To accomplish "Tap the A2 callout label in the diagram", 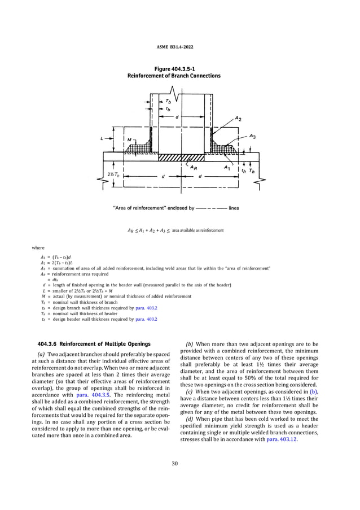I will click(x=238, y=118).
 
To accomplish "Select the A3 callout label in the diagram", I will click(x=253, y=136).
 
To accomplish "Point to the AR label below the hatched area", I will click(x=194, y=168).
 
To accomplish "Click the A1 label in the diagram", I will click(x=227, y=168).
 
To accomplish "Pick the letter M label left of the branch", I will click(x=129, y=139).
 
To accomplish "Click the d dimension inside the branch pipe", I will click(x=177, y=117).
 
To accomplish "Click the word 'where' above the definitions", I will click(x=39, y=246).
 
